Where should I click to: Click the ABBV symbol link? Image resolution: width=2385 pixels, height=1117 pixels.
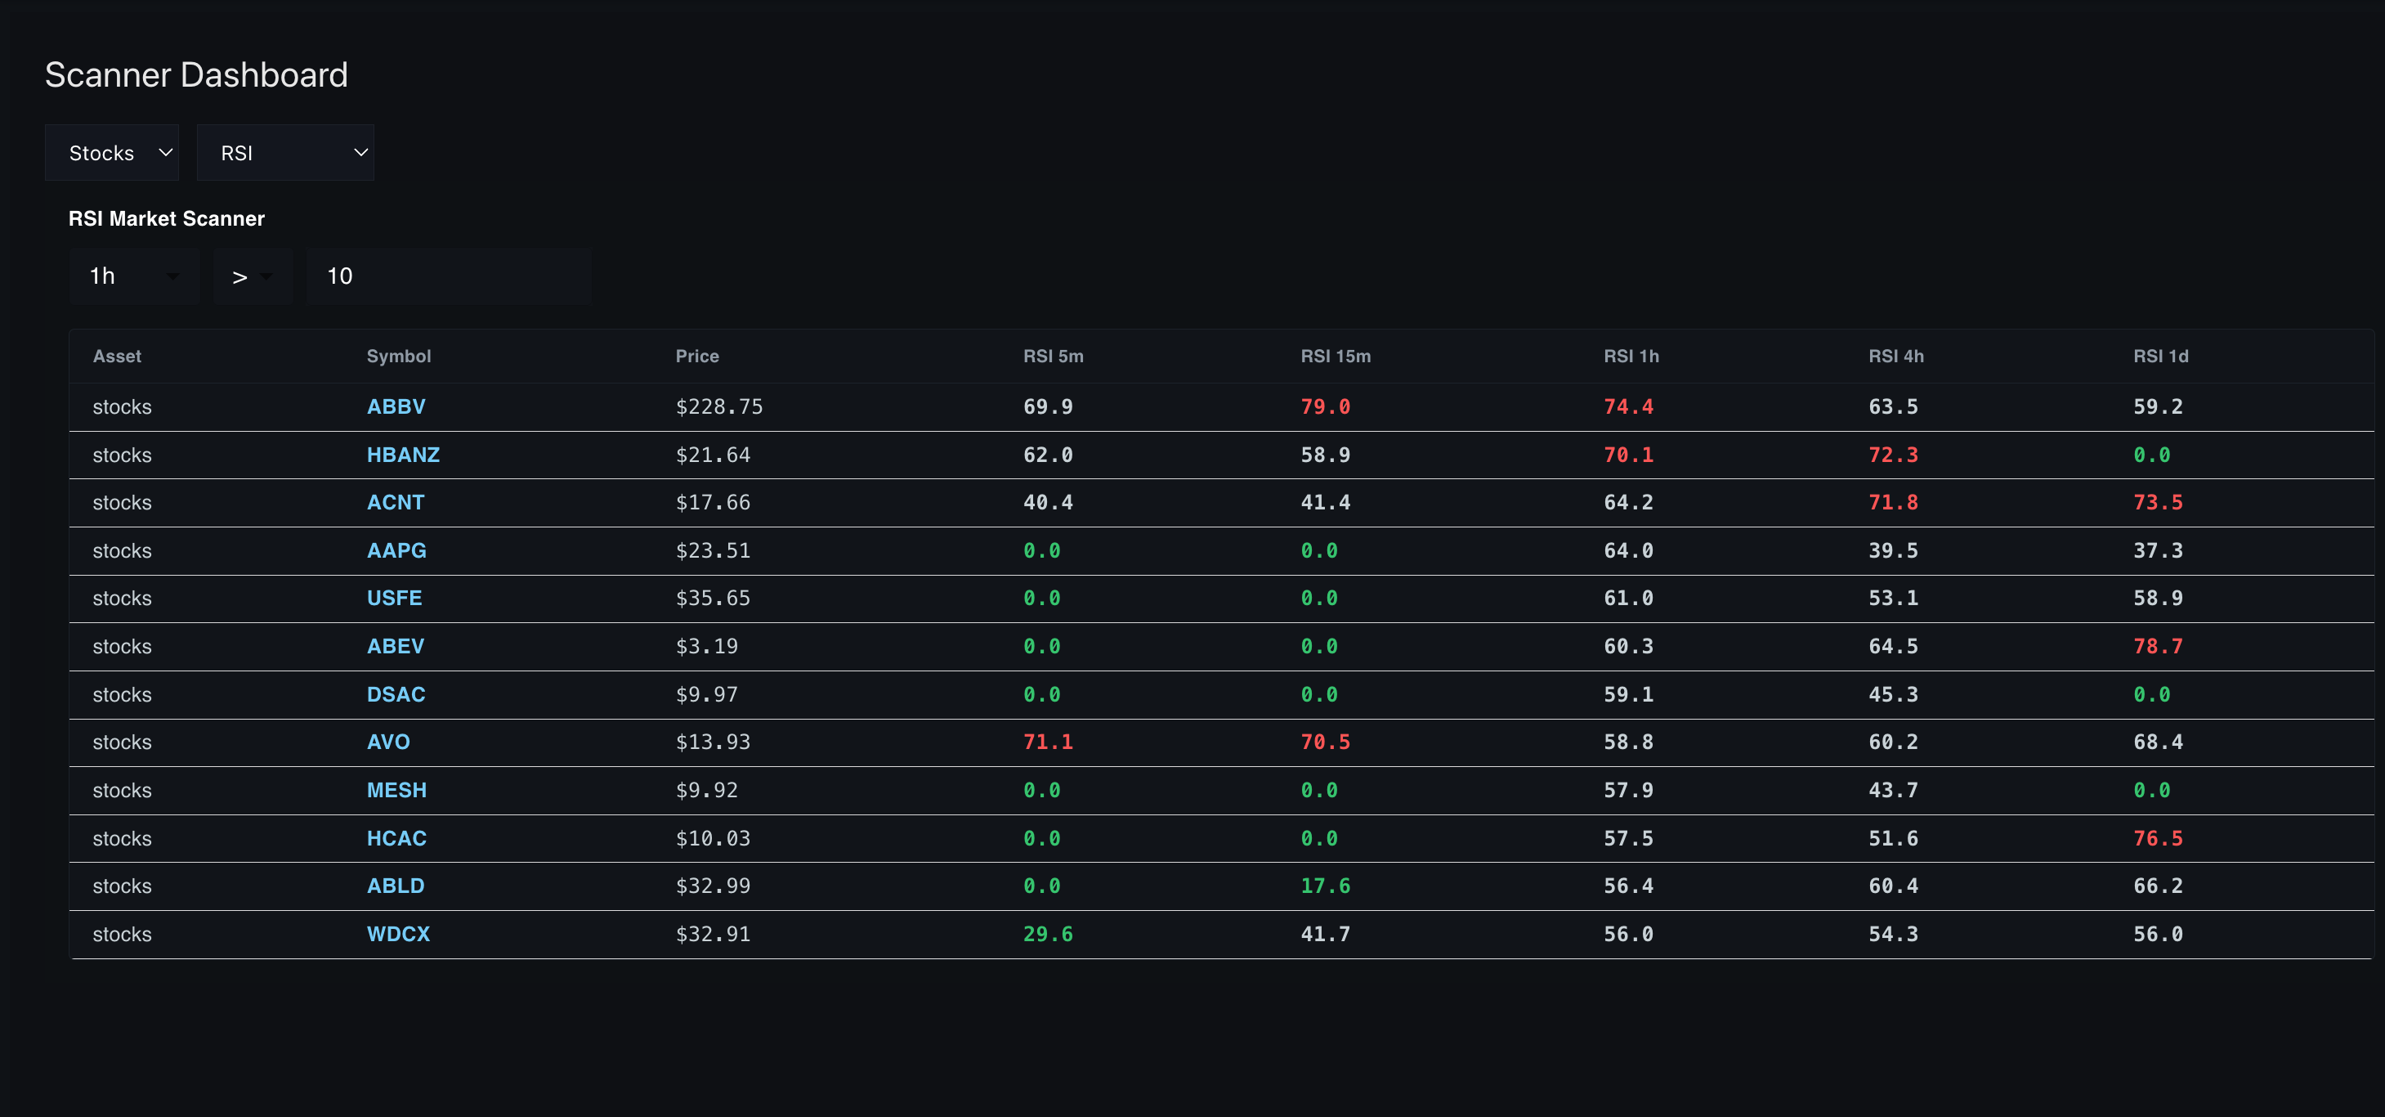point(396,406)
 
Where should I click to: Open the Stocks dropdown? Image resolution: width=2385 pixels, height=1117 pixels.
point(112,153)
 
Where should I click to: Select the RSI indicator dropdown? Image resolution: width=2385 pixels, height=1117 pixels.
point(285,153)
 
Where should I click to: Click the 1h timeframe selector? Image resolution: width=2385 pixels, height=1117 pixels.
point(133,276)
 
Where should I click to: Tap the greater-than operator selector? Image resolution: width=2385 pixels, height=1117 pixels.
point(252,276)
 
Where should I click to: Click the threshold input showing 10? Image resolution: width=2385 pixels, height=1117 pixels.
point(448,276)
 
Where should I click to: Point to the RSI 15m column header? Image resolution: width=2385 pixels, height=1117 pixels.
point(1335,357)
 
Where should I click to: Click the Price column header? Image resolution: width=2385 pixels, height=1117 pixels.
point(697,357)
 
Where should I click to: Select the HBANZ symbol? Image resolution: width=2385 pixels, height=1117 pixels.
point(403,455)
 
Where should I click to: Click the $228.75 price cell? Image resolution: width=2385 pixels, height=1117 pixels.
point(718,406)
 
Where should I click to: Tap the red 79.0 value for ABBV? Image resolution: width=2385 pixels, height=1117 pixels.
point(1325,406)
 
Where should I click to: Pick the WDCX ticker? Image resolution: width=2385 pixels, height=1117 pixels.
point(398,934)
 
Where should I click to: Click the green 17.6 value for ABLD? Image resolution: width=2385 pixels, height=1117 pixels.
point(1325,886)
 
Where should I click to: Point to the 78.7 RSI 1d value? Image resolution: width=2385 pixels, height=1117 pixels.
point(2157,647)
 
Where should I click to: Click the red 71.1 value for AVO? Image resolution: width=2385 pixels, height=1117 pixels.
point(1047,742)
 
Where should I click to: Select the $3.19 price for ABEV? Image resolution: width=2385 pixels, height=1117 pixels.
point(706,647)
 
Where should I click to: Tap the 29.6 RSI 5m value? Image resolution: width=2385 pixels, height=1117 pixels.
point(1047,934)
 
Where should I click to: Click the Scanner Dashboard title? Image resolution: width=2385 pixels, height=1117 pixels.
point(196,75)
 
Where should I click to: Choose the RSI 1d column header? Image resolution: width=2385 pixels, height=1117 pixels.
point(2160,357)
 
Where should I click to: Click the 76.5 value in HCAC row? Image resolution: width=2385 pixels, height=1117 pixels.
point(2157,838)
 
